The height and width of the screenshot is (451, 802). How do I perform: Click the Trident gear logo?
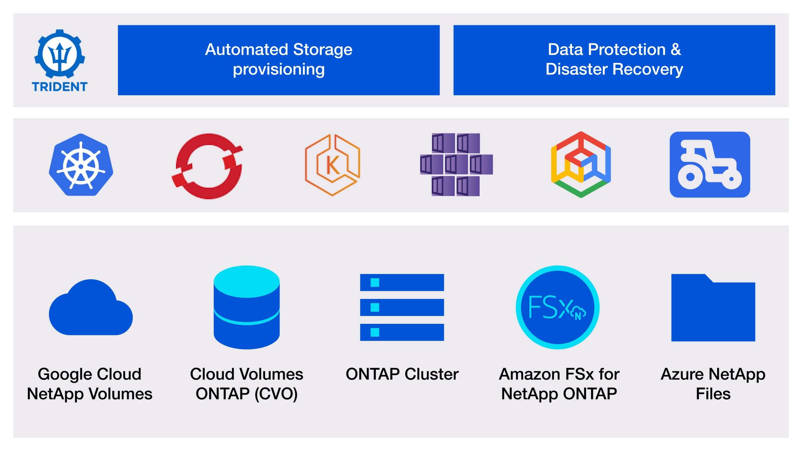coord(60,54)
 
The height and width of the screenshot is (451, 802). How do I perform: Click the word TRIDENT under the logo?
coord(60,87)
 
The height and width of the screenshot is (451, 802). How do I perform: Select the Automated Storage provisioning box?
coord(278,60)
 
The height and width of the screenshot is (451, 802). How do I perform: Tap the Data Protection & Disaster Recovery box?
coord(614,60)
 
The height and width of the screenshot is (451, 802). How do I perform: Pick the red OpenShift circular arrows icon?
coord(207,166)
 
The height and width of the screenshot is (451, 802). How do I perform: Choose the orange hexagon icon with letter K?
coord(332,165)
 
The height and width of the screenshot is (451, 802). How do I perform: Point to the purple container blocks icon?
coord(456,165)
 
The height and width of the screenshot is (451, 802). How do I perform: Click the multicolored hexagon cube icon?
coord(581,165)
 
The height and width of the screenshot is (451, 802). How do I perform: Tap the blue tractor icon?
coord(710,165)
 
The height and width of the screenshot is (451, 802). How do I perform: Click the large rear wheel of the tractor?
coord(690,177)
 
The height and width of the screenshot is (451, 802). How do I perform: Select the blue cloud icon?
coord(91,308)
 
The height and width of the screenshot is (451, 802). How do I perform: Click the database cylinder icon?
coord(246,307)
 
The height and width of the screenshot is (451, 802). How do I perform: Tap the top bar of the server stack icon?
coord(402,283)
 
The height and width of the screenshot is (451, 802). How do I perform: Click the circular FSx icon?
coord(557,307)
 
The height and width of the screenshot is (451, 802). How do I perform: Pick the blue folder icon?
coord(713,308)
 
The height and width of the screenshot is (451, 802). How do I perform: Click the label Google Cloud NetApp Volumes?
coord(89,384)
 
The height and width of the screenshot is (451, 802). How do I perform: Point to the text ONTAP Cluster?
coord(402,374)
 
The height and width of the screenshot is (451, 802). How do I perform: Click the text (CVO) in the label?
coord(276,394)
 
